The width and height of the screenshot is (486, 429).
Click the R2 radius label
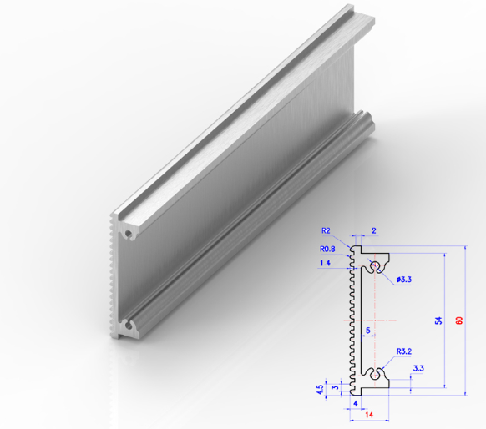coord(326,231)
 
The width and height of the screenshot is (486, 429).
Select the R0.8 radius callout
coord(328,248)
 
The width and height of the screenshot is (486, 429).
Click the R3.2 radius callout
coord(405,351)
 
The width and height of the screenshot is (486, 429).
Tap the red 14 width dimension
coord(367,414)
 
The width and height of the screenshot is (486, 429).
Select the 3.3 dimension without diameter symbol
coord(418,368)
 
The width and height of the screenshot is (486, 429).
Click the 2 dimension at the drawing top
coord(373,230)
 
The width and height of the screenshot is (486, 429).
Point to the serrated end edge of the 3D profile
coord(113,275)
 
